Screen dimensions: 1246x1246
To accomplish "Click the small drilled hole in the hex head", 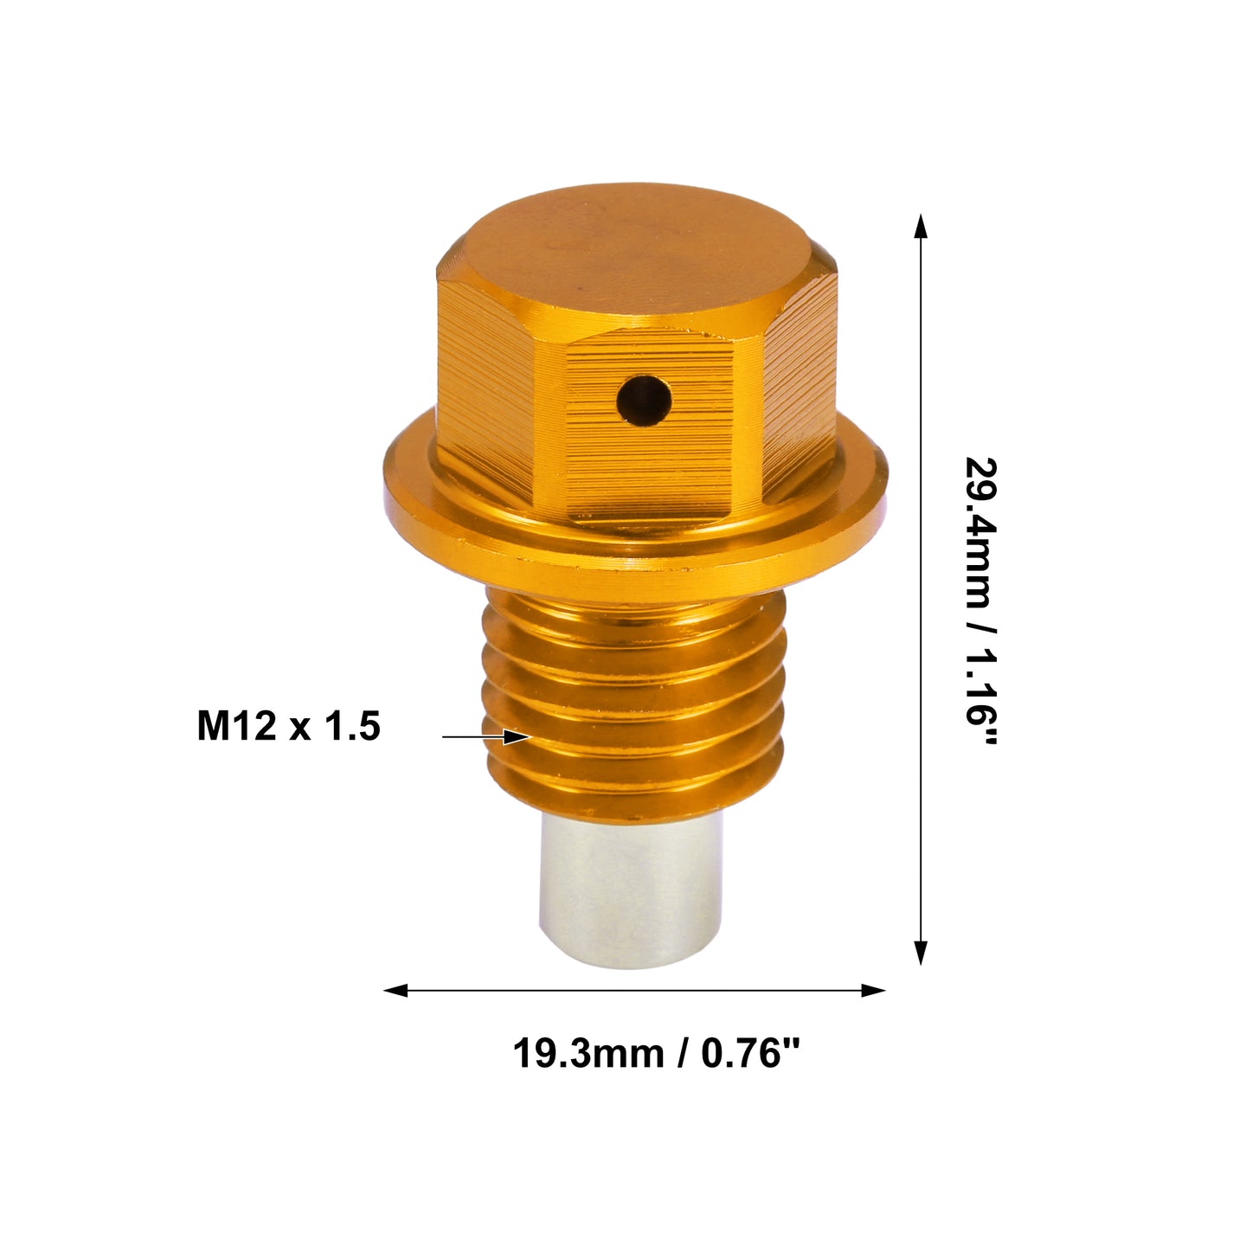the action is point(643,401).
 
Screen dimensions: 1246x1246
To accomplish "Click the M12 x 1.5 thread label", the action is point(288,726).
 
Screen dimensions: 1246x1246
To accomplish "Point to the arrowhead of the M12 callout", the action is point(518,736).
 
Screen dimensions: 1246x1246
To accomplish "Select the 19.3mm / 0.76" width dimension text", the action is point(657,1053).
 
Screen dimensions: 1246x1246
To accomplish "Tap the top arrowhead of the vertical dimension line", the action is point(921,227).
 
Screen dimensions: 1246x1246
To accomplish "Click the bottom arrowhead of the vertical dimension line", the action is point(921,953).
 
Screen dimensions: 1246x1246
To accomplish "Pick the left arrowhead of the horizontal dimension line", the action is point(395,990).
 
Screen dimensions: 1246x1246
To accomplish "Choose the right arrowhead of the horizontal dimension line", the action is point(873,990).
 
